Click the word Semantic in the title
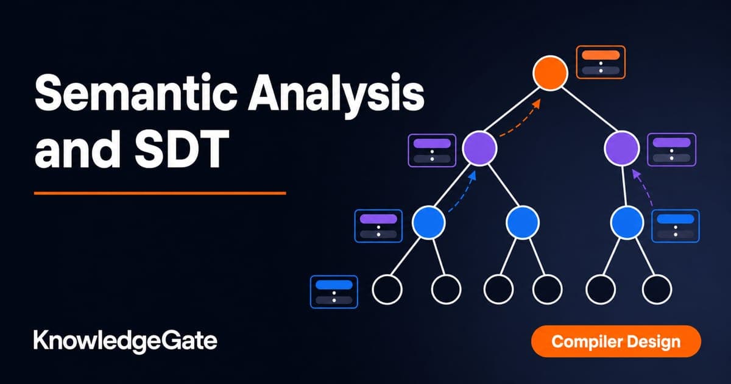(136, 93)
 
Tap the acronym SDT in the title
(182, 148)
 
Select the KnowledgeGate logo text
(125, 342)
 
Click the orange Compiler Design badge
(616, 342)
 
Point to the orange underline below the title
(160, 193)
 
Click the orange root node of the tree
(550, 73)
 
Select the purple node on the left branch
(479, 148)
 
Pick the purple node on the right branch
(622, 148)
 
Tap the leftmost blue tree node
(428, 222)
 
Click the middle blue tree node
(523, 222)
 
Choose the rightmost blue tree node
(627, 222)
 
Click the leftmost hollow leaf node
(387, 290)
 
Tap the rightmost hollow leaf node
(657, 290)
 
